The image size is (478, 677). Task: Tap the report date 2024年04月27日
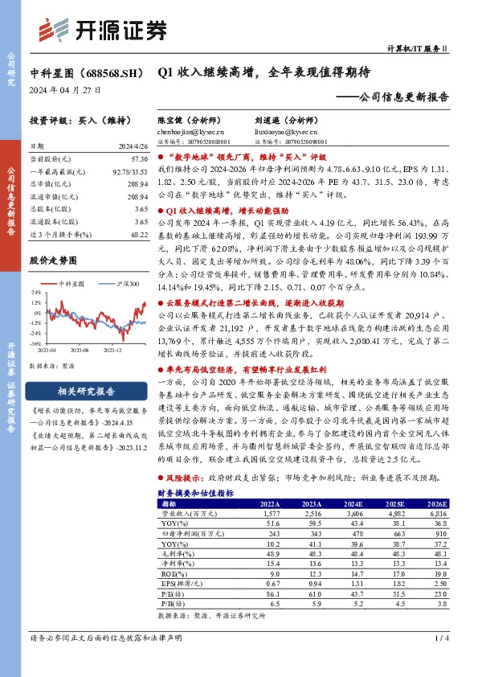pos(62,90)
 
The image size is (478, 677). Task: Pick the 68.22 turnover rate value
pos(137,233)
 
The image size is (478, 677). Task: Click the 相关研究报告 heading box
pos(85,392)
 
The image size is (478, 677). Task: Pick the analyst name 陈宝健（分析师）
pos(190,118)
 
